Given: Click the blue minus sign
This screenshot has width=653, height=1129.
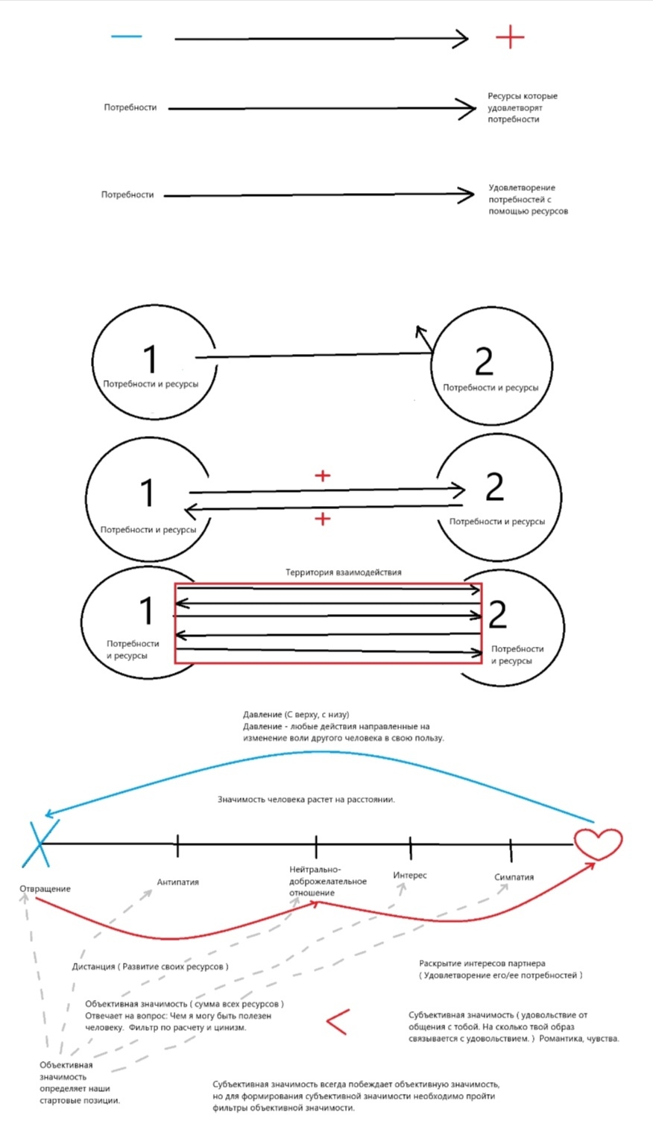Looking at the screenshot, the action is coord(127,37).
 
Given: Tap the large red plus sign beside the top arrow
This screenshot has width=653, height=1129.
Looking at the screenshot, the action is coord(510,37).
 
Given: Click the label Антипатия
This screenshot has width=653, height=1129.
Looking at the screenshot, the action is coord(177,882).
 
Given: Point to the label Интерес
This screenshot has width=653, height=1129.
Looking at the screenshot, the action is coord(409,875).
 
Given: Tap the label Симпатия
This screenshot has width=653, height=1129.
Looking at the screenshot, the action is coord(514,877).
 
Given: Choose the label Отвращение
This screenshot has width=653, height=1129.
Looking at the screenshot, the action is coord(45,888).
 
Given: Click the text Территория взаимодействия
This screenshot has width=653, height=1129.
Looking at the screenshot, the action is coord(344,572).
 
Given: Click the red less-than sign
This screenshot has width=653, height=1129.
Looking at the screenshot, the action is coord(338,1022).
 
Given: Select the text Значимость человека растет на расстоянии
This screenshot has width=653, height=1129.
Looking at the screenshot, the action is coord(306,800).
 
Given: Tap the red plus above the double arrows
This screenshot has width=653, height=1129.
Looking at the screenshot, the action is coord(322,475).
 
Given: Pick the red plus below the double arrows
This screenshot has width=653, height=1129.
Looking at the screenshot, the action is coord(322,518).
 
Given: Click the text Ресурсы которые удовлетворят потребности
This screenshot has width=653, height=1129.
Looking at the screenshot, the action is coord(523,107).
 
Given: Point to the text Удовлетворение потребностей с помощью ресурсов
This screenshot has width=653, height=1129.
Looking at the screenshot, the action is coord(528,199).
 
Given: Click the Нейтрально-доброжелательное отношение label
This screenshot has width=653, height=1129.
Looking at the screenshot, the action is coord(328,881).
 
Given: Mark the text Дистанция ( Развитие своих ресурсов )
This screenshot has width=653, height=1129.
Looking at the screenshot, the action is coord(151,967).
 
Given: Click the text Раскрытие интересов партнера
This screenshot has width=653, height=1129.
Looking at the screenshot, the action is coord(482,963).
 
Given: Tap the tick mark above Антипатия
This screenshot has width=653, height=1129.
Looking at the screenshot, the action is coord(177,845).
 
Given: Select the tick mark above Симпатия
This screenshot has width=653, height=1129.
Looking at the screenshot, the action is coord(511,850).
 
